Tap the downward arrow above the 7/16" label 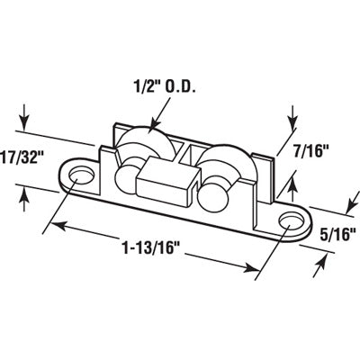coord(292,117)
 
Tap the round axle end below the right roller coord(215,201)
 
